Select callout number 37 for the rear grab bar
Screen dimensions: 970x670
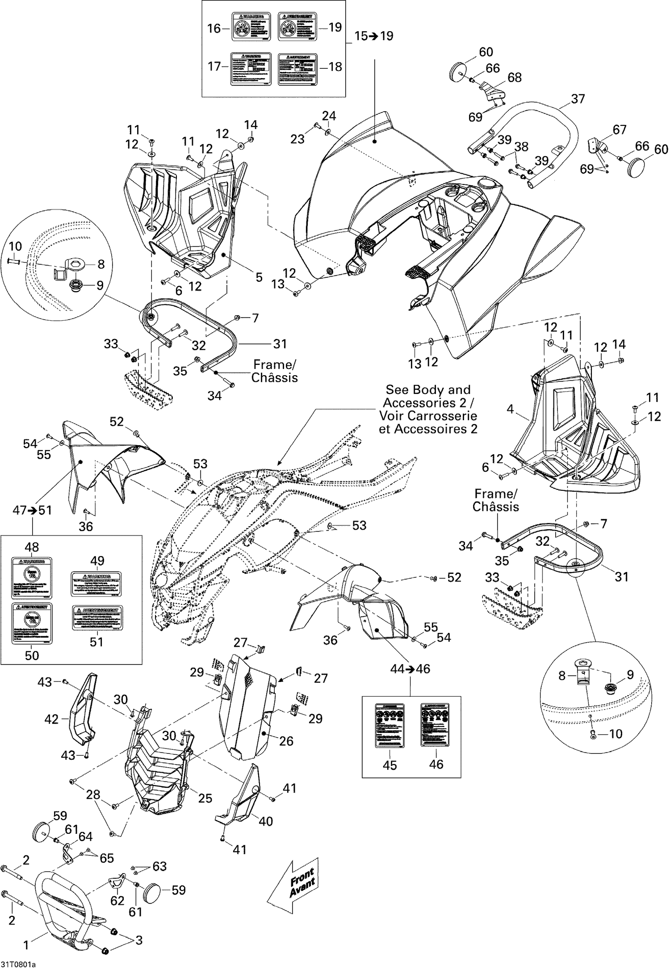[578, 99]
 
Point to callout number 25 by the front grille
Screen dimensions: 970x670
[205, 798]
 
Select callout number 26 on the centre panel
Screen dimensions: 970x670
[286, 741]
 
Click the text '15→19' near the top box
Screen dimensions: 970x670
[374, 36]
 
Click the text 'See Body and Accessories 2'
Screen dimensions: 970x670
[428, 409]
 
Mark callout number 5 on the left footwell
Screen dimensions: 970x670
[259, 277]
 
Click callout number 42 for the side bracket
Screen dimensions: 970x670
[52, 719]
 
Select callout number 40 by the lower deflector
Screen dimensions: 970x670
[266, 821]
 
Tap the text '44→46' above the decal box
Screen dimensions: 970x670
[410, 669]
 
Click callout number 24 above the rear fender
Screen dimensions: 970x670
[329, 116]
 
